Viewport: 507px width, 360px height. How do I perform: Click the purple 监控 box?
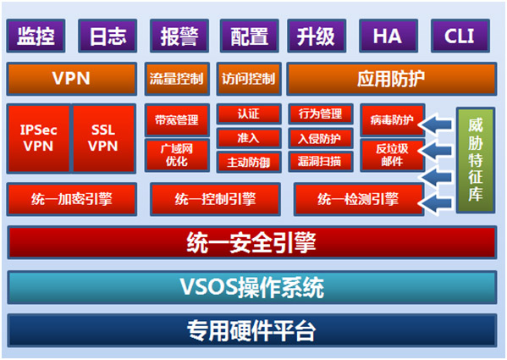[36, 36]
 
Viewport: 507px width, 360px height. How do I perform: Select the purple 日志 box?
[107, 36]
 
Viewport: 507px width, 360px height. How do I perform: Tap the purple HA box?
[389, 36]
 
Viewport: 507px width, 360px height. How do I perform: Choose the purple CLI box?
[460, 36]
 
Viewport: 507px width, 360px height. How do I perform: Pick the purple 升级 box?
[317, 36]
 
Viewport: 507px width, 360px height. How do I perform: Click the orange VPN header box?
[71, 79]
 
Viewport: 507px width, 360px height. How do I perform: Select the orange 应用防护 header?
[392, 79]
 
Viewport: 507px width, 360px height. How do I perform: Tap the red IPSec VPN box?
[38, 138]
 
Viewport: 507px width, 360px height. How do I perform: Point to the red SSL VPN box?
[103, 138]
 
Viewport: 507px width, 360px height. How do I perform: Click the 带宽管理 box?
[177, 120]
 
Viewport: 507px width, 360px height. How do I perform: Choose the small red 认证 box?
[249, 114]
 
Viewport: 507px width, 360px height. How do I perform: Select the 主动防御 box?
[249, 162]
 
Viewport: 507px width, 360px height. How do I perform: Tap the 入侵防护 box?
[321, 138]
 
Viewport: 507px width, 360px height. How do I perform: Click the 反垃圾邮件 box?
[392, 155]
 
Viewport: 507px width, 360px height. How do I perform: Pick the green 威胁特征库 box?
[476, 160]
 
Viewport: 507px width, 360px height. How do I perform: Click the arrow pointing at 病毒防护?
[436, 125]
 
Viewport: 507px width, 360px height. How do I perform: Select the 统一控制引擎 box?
[215, 199]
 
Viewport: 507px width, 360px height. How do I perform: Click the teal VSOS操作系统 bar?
[252, 287]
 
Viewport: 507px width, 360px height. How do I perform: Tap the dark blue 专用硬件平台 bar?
[252, 330]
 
